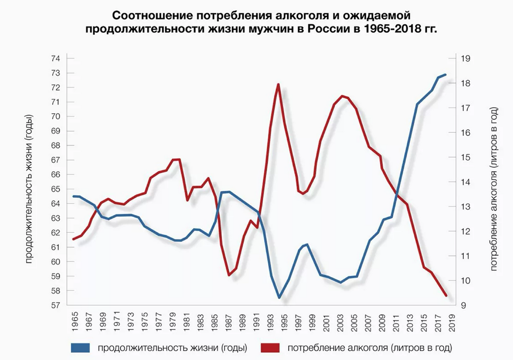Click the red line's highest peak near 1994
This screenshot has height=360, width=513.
(x=278, y=84)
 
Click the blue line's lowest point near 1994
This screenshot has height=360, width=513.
(x=279, y=298)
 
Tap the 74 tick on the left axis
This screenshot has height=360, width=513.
(x=56, y=59)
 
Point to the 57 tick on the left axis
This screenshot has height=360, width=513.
(x=56, y=305)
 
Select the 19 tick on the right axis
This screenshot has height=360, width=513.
(x=465, y=59)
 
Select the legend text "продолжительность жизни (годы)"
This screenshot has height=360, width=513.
(x=172, y=348)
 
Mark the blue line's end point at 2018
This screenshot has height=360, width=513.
(x=446, y=75)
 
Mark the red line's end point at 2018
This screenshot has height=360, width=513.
(x=446, y=296)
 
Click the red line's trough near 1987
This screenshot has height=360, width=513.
(x=229, y=275)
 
